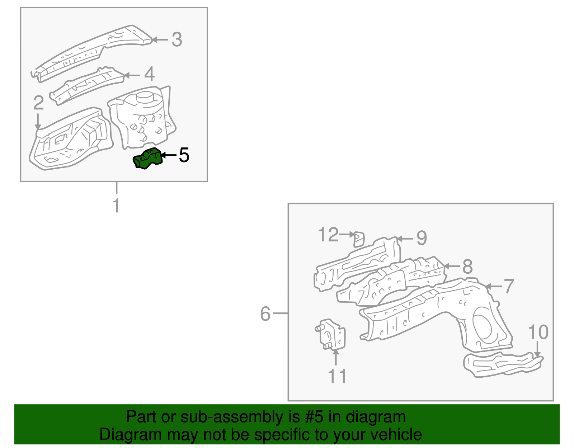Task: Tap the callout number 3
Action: (x=177, y=39)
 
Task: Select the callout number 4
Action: (x=150, y=74)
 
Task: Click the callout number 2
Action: (x=38, y=103)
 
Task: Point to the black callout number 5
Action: (x=184, y=155)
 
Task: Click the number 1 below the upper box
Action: (x=116, y=206)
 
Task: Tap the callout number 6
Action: (x=265, y=314)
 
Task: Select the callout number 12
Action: (x=328, y=235)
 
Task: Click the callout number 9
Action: (x=422, y=238)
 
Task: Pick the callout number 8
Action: (x=467, y=267)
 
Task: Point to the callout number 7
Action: (x=509, y=286)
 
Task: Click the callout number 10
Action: (x=538, y=332)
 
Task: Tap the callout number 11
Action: (x=337, y=376)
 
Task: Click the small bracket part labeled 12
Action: (x=359, y=239)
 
